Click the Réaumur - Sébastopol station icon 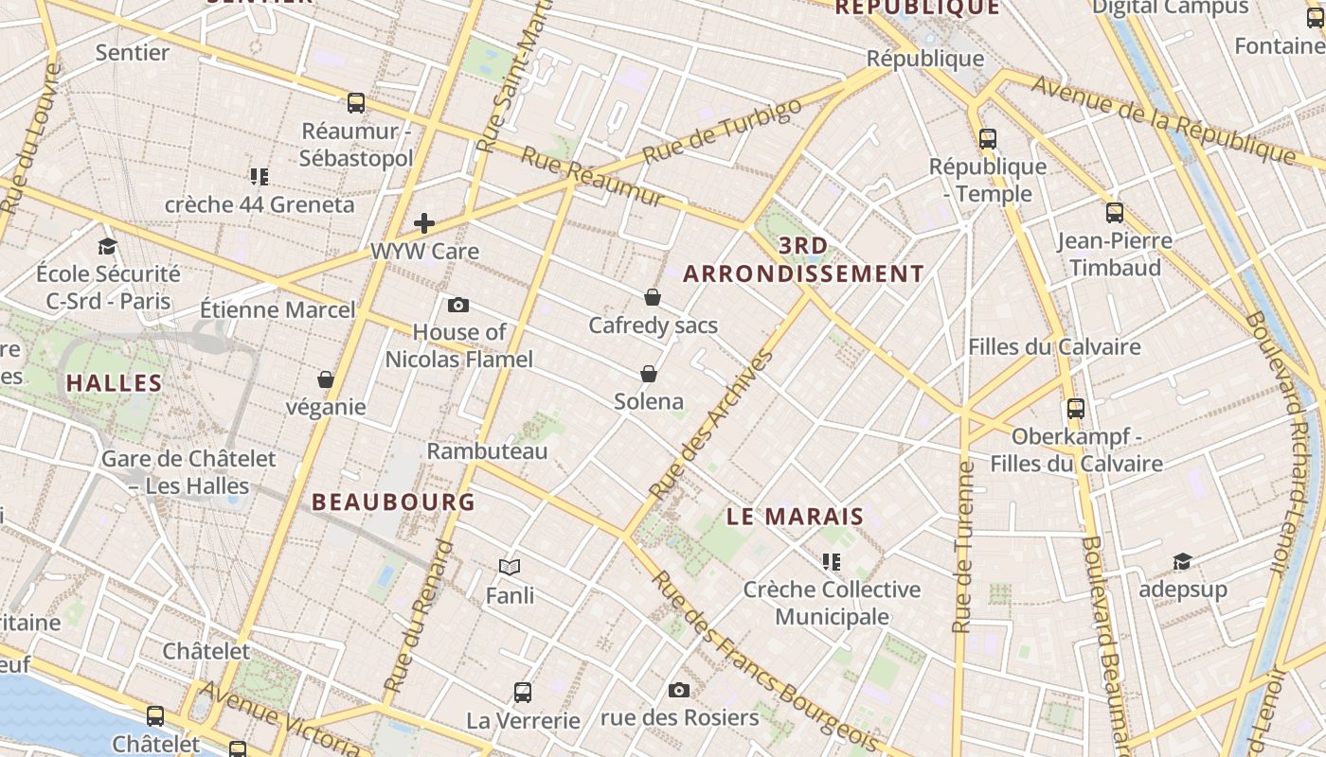(x=356, y=103)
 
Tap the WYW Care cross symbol (x=424, y=223)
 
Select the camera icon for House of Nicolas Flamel (x=458, y=305)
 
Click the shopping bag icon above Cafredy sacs (x=652, y=297)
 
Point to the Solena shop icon (x=649, y=374)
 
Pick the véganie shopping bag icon (x=326, y=379)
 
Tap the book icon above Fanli (x=510, y=567)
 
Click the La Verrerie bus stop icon (x=523, y=692)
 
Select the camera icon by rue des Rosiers (x=679, y=690)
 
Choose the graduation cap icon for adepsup (x=1182, y=561)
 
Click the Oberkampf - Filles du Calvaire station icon (x=1076, y=409)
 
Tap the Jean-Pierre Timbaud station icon (x=1115, y=213)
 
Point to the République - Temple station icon (x=988, y=139)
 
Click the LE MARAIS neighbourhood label (x=796, y=517)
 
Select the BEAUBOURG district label (x=393, y=502)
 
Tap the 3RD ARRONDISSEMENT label (x=803, y=260)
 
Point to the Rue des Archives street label (x=712, y=426)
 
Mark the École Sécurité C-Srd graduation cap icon (x=107, y=246)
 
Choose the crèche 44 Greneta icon (x=260, y=176)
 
